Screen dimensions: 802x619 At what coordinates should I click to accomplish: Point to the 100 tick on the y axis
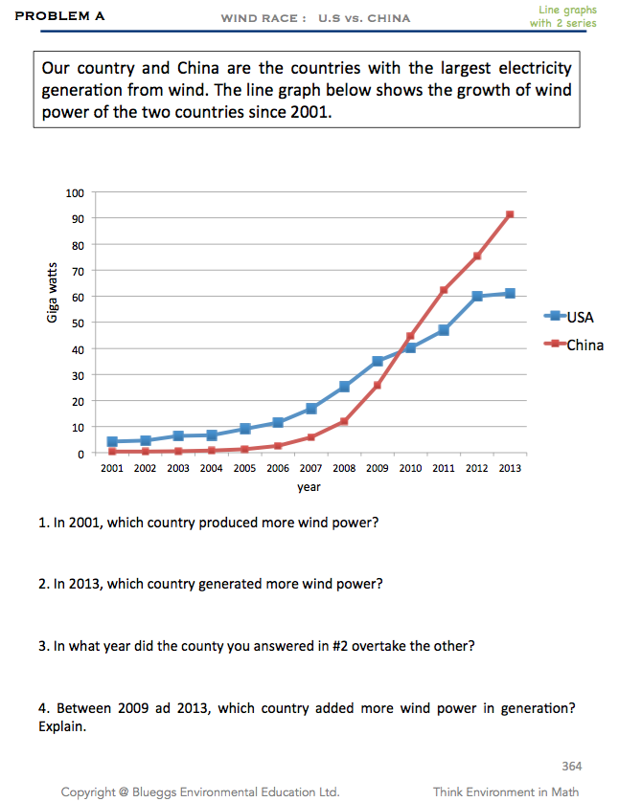[75, 192]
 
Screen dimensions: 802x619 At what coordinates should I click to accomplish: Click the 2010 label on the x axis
[409, 468]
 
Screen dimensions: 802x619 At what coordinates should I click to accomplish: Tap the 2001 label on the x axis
[112, 468]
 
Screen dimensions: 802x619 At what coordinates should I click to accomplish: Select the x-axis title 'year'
[309, 487]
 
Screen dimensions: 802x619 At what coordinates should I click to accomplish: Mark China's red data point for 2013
[510, 214]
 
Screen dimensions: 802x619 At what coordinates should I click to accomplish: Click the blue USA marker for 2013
[510, 293]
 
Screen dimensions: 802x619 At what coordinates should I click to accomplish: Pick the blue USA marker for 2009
[378, 361]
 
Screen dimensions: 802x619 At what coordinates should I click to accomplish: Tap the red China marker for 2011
[444, 290]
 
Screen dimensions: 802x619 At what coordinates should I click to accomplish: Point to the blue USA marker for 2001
[112, 441]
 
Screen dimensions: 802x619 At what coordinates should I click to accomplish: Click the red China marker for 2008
[344, 421]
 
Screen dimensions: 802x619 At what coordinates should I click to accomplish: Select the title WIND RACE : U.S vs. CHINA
[315, 18]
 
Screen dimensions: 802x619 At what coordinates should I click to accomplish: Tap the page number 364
[570, 766]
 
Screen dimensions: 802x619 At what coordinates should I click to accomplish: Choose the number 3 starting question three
[43, 646]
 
